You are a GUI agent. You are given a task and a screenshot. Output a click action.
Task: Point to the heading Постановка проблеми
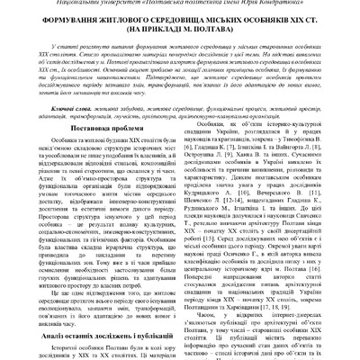point(85,156)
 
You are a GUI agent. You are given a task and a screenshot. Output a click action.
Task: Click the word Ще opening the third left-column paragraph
point(34,300)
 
